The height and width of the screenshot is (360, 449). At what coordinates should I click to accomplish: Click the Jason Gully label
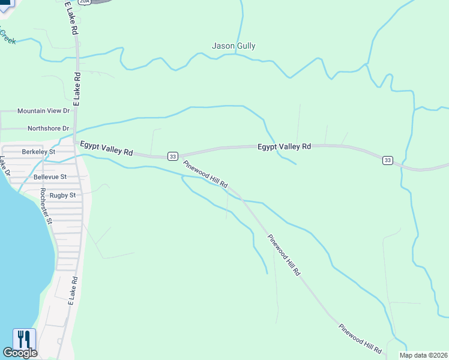[234, 46]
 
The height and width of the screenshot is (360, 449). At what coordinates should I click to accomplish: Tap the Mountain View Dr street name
[43, 111]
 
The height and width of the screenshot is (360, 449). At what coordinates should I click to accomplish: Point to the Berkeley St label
[38, 152]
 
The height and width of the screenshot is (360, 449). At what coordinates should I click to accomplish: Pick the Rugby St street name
[62, 195]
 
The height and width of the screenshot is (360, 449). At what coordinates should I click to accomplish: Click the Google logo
[19, 353]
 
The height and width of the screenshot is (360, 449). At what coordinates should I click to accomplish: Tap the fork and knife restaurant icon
[25, 339]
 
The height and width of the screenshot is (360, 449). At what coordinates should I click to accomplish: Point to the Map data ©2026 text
[423, 355]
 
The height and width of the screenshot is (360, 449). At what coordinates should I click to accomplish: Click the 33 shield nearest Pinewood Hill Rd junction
[173, 156]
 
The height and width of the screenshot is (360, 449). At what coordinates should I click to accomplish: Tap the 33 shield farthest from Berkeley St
[388, 160]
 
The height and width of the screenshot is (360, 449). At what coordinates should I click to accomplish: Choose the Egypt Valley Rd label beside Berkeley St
[106, 148]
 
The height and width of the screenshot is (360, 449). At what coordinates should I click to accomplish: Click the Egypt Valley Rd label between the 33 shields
[285, 146]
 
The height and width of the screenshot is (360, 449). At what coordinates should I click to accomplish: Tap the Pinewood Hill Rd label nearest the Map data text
[361, 338]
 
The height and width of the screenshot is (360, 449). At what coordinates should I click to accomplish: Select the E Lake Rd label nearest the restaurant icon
[71, 291]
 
